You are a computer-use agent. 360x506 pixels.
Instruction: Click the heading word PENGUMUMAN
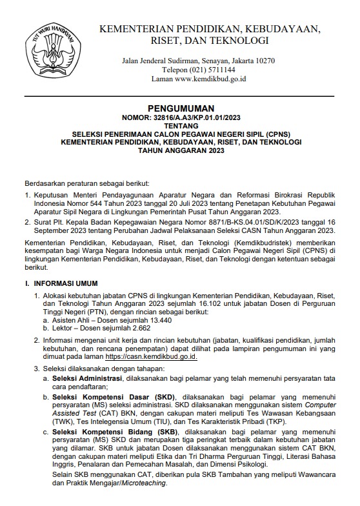(180, 108)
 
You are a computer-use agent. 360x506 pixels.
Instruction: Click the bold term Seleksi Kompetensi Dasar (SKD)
(108, 396)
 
